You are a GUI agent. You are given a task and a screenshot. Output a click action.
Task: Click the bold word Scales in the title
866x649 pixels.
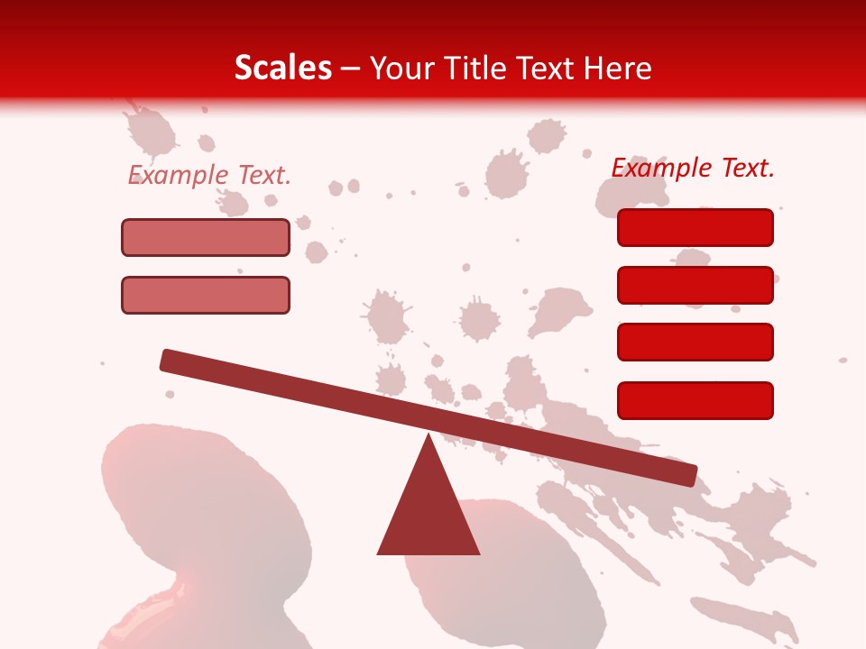point(282,68)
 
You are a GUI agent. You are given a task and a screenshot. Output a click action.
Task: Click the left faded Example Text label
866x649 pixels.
point(209,175)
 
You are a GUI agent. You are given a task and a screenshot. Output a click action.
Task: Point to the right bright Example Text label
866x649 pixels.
point(693,168)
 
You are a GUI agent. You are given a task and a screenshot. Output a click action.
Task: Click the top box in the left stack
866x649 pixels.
point(206,237)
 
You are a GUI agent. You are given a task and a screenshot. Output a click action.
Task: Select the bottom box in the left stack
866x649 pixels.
point(206,295)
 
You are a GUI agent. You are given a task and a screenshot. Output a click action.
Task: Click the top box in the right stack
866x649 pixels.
point(695,227)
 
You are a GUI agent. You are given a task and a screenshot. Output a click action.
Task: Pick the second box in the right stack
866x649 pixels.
point(695,285)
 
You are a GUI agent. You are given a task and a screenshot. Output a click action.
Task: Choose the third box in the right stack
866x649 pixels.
point(695,343)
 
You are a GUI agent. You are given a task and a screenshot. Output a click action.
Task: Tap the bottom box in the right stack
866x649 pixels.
point(695,400)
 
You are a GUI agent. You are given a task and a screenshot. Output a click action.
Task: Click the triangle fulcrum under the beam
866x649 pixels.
point(428,514)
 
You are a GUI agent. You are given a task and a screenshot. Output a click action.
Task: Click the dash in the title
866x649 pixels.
point(351,69)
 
